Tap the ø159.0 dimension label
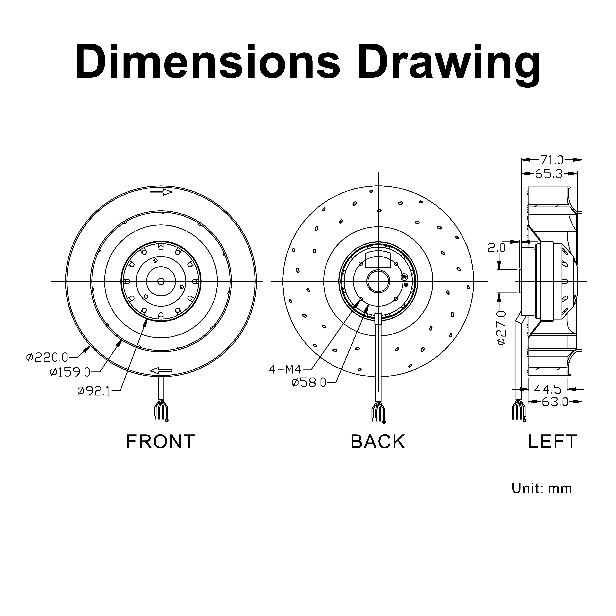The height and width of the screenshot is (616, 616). click(70, 372)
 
